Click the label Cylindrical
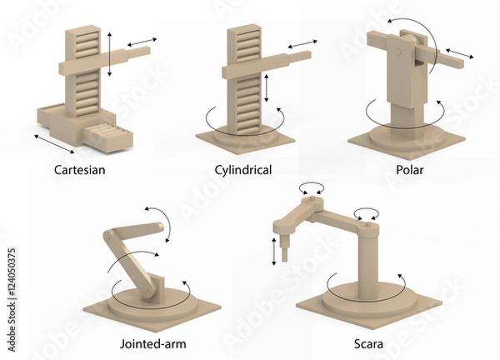(x=244, y=171)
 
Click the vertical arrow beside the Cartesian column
(x=110, y=53)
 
